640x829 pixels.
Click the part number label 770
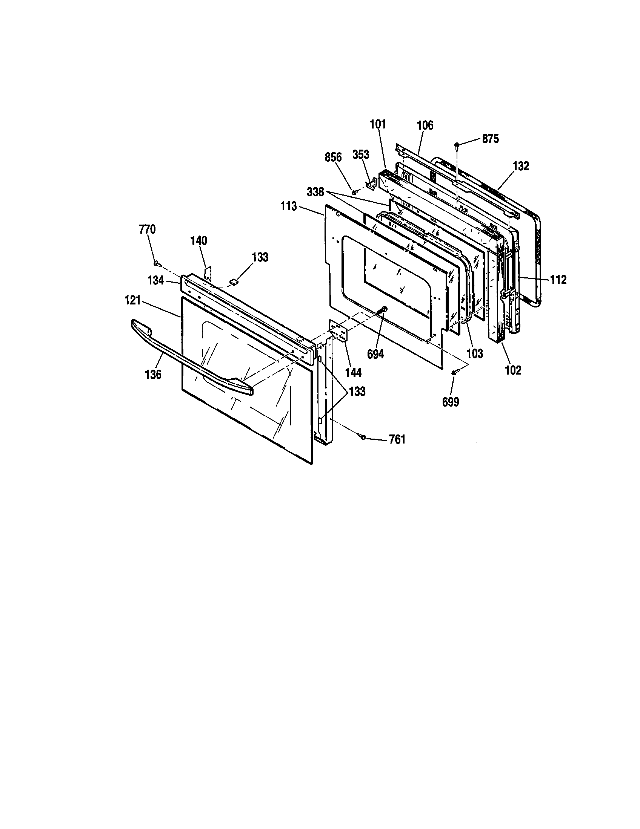[148, 229]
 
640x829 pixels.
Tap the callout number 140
[199, 241]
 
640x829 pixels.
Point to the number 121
[132, 301]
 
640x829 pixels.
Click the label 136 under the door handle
[153, 374]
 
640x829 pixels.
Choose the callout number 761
[397, 439]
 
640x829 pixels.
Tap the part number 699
[451, 402]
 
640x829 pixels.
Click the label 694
[375, 354]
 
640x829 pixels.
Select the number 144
[354, 373]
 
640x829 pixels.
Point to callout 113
[289, 206]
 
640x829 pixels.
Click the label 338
[315, 192]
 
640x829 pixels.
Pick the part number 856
[333, 157]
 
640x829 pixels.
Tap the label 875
[490, 139]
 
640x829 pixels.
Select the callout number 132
[521, 166]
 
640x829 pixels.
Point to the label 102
[513, 370]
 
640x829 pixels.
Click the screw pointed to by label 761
[363, 437]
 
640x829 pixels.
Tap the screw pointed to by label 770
[157, 262]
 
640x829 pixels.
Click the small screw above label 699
[454, 373]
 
